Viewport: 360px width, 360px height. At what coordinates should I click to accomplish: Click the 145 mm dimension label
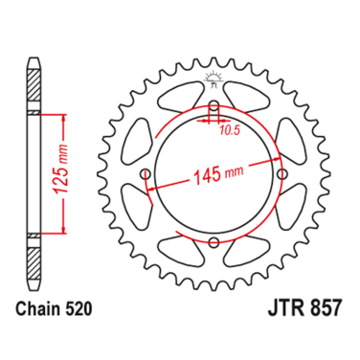[x=218, y=174]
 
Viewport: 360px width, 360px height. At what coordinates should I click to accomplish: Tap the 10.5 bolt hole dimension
[x=230, y=130]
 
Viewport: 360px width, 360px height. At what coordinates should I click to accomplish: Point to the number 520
[x=79, y=308]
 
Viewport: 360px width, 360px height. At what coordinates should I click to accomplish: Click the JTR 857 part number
[x=304, y=307]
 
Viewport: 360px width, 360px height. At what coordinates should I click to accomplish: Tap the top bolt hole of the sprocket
[x=214, y=106]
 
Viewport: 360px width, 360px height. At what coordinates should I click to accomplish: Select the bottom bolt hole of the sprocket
[x=214, y=241]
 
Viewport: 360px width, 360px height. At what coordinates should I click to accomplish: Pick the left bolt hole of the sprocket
[x=146, y=174]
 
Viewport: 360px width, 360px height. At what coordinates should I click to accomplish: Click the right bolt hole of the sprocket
[x=281, y=174]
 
